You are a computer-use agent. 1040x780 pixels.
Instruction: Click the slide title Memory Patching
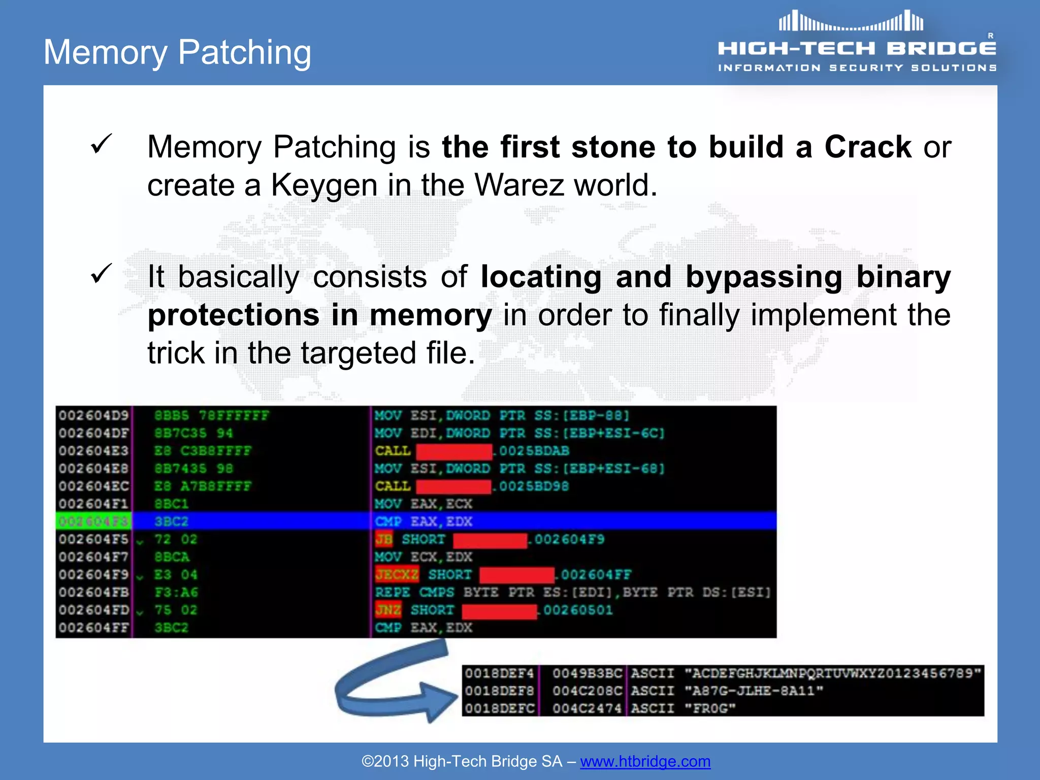click(x=177, y=52)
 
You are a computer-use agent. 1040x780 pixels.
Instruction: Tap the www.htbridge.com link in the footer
click(x=645, y=761)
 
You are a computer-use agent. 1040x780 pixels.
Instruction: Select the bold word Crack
click(x=867, y=147)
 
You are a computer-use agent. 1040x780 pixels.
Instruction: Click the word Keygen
click(x=324, y=185)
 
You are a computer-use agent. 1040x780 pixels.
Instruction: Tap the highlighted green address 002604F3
click(x=93, y=522)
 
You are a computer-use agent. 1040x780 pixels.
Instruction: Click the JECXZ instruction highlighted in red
click(x=397, y=575)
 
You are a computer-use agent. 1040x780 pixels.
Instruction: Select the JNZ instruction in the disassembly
click(x=388, y=610)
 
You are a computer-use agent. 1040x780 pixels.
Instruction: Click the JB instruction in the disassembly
click(x=384, y=539)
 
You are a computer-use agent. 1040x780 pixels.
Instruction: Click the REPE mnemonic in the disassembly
click(x=392, y=593)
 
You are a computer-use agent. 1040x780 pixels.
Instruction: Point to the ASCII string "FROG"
click(x=709, y=708)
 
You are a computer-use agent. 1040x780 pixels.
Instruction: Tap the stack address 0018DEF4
click(x=499, y=673)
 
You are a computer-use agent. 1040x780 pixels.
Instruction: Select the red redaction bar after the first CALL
click(x=453, y=451)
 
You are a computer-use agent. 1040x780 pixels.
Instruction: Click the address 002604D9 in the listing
click(x=93, y=416)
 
